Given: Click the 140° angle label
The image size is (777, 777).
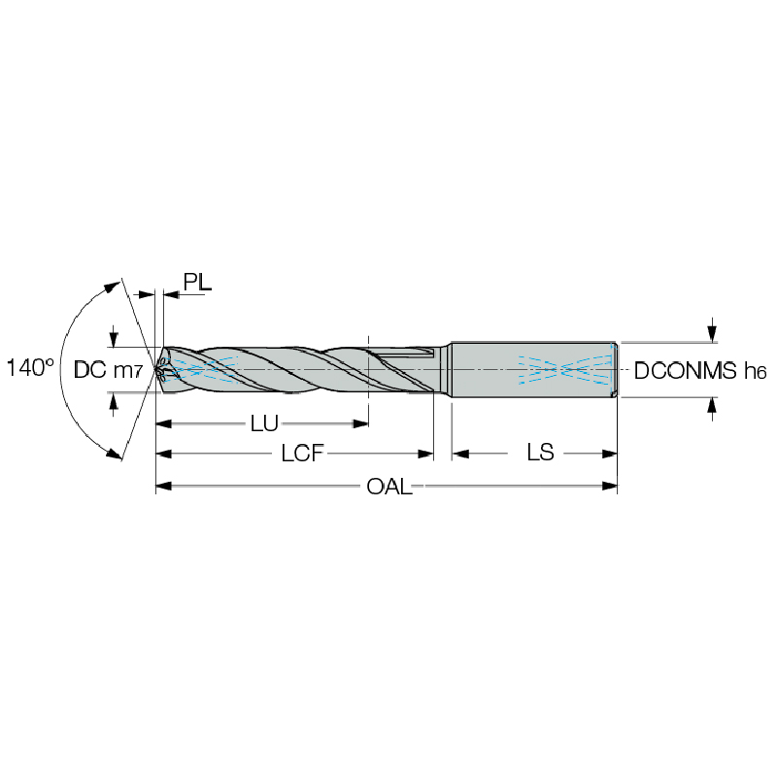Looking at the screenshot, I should pos(29,368).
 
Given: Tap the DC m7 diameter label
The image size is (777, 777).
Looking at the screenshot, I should pos(109,369).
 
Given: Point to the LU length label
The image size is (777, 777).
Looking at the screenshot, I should pos(264,423).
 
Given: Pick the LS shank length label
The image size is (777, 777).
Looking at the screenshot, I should pos(540,454).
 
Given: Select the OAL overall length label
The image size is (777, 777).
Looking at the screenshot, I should pos(388,486).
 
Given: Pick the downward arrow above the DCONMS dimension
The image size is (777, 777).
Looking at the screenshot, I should pos(713,331).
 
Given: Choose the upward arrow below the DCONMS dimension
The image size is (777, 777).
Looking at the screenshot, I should pos(713,407).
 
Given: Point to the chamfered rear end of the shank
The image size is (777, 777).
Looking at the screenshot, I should pos(616,369).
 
